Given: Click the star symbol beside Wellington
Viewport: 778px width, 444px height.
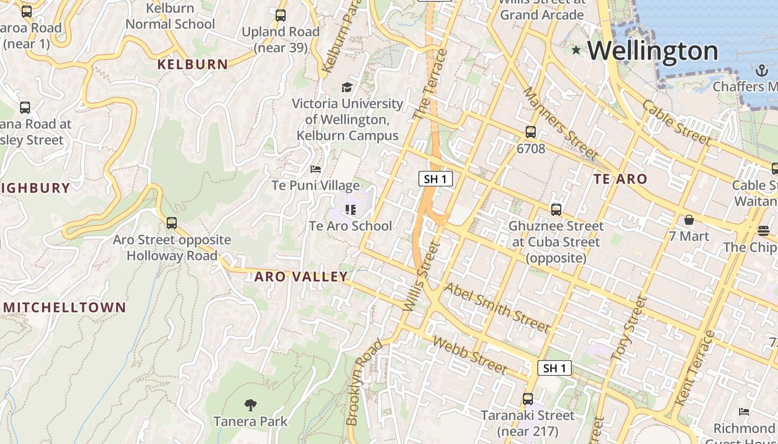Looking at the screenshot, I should click(576, 51).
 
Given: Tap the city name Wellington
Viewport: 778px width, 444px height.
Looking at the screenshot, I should click(653, 51).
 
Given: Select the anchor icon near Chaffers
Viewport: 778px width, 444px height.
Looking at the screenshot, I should click(761, 70).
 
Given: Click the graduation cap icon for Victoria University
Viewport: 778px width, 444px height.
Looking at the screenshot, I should click(347, 87).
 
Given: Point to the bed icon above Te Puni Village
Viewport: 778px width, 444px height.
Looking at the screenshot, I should click(316, 169).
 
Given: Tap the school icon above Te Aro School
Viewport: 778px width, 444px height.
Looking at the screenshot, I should click(350, 209).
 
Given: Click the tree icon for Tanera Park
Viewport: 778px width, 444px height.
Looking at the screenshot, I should click(251, 405).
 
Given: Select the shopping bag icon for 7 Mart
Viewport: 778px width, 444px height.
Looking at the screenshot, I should click(689, 220).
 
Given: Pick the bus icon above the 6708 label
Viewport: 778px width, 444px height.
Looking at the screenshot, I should click(531, 132).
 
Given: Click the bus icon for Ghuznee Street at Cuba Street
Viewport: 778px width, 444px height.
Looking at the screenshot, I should click(556, 209).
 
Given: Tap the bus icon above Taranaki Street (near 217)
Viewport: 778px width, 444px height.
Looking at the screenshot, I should click(527, 398).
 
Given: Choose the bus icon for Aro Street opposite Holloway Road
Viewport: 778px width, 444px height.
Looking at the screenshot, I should click(172, 223).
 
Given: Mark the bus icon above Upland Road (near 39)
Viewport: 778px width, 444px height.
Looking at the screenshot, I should click(281, 16).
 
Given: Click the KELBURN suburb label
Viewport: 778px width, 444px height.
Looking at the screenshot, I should click(193, 64).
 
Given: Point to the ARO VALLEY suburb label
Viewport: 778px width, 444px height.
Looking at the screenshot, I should click(301, 276).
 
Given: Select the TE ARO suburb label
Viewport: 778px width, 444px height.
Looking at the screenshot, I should click(620, 179).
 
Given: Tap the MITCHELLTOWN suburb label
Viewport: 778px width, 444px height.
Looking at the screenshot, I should click(65, 307).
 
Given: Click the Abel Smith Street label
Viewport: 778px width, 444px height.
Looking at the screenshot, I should click(497, 307).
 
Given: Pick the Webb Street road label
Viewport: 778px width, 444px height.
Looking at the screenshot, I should click(470, 355).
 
